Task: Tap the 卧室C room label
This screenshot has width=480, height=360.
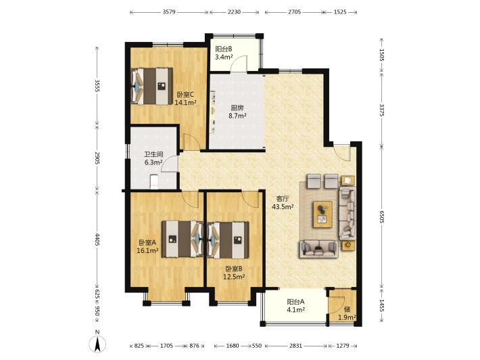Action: [x=185, y=94]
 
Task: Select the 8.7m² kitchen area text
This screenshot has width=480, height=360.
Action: [x=237, y=116]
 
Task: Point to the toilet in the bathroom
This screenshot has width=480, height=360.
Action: [x=154, y=181]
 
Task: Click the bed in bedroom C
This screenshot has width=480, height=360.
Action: [x=152, y=86]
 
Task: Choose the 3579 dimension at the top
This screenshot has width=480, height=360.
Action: [x=168, y=12]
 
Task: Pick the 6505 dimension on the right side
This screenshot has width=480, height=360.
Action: [x=381, y=216]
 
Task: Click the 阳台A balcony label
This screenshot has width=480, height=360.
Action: [x=295, y=302]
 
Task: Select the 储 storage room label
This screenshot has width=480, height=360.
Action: [x=347, y=309]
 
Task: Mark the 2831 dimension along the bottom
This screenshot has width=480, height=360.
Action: [x=295, y=346]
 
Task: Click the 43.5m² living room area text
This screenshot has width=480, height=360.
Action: [x=283, y=206]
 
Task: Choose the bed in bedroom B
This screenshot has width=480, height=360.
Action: [x=228, y=240]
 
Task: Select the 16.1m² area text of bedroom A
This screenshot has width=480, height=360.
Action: [x=147, y=250]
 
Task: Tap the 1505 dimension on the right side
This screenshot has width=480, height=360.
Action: [x=381, y=55]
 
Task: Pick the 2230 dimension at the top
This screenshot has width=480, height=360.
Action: [x=235, y=12]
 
